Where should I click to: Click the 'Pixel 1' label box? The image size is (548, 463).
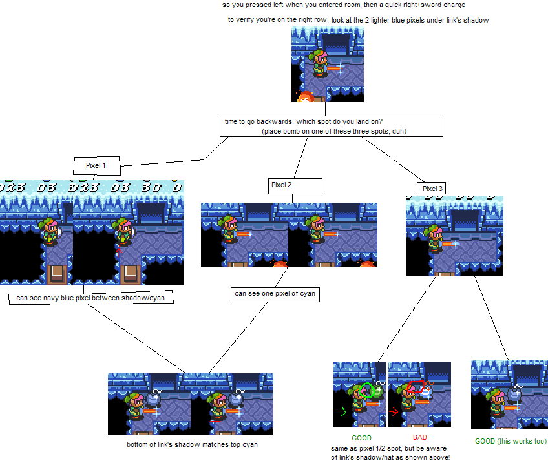pyautogui.click(x=96, y=166)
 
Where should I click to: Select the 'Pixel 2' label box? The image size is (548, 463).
pyautogui.click(x=295, y=186)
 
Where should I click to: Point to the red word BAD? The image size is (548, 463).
pyautogui.click(x=420, y=438)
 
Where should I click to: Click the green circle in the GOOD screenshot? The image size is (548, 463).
pyautogui.click(x=368, y=390)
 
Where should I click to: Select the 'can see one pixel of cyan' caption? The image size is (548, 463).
pyautogui.click(x=275, y=294)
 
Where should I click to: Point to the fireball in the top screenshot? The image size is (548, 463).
pyautogui.click(x=304, y=97)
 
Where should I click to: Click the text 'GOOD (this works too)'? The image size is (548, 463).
pyautogui.click(x=511, y=442)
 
